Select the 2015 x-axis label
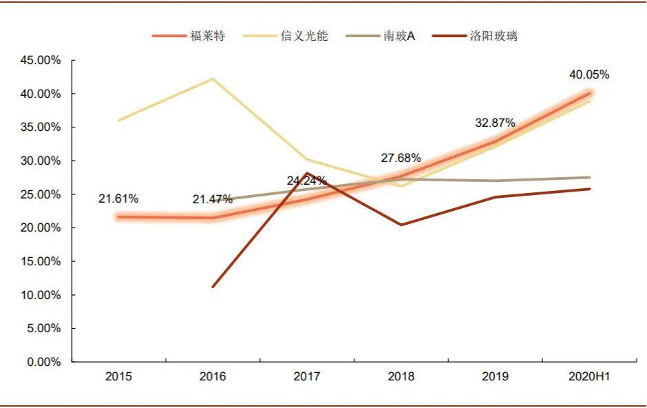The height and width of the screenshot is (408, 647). (x=118, y=376)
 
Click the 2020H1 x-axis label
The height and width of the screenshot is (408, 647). (x=589, y=376)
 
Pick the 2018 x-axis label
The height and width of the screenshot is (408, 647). (x=401, y=376)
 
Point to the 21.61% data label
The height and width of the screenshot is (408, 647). (x=118, y=199)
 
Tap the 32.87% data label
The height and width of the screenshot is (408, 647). (x=495, y=123)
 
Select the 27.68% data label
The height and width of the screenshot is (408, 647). (x=401, y=159)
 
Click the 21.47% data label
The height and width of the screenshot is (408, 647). (x=213, y=200)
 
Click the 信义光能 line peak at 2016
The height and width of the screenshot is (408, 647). (x=213, y=79)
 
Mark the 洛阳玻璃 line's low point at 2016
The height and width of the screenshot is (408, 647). (x=213, y=287)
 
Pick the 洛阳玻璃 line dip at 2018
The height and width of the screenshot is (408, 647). (x=401, y=225)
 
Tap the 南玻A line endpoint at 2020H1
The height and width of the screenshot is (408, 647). (x=590, y=177)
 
